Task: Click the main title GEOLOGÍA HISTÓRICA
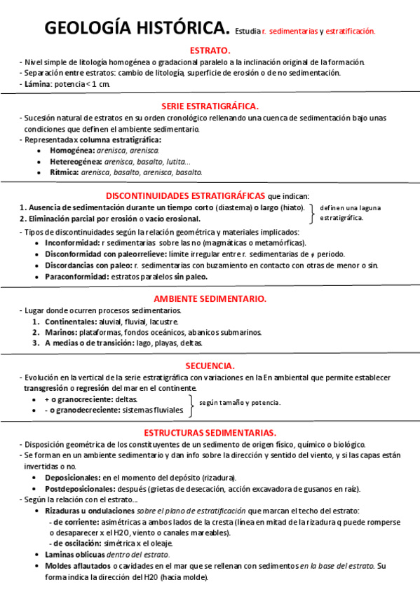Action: click(137, 29)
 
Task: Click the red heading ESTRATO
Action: click(210, 50)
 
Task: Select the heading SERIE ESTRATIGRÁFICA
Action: click(210, 106)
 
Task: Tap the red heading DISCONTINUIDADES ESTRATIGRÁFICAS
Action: click(185, 195)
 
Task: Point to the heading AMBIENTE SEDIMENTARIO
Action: click(210, 298)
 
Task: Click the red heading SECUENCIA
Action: click(210, 366)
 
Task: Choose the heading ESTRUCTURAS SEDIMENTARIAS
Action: click(210, 432)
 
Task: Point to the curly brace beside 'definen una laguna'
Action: click(312, 213)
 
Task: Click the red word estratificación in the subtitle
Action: click(351, 32)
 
